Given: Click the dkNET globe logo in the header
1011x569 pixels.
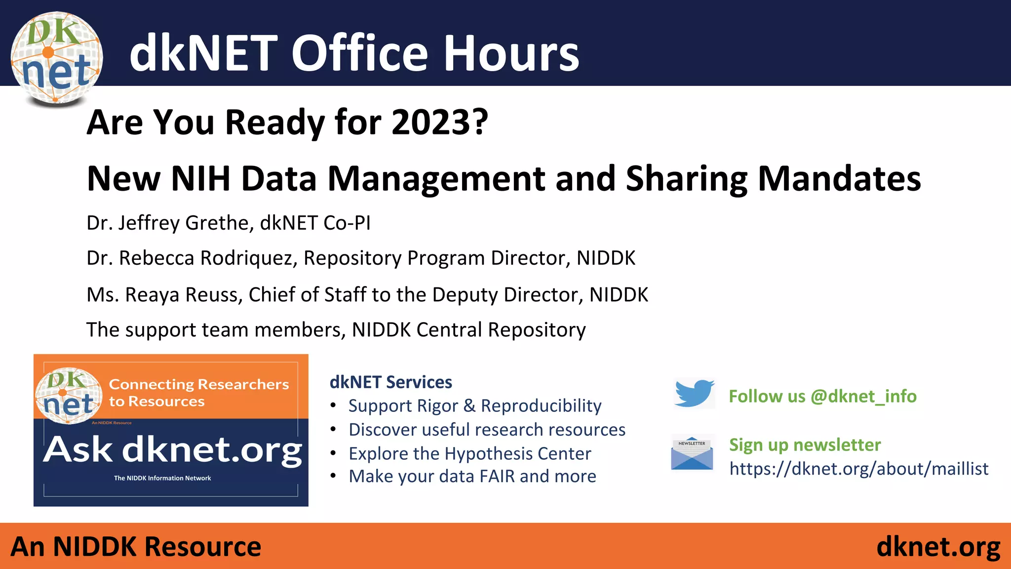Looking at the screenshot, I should [56, 58].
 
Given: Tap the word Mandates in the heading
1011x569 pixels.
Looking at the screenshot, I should [839, 178].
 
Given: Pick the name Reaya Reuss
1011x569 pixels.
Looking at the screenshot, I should [183, 295].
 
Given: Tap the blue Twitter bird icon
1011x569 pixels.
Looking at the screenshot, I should [694, 393].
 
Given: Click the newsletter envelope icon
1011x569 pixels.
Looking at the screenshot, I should [692, 452].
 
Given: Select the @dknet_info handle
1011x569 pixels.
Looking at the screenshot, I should [863, 396].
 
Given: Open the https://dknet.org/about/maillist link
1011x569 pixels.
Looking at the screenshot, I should [858, 468].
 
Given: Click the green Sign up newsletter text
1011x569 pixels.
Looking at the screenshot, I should [805, 445].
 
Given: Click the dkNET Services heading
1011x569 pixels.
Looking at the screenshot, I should [390, 382].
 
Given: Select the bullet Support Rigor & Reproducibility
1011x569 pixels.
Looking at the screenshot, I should [474, 406].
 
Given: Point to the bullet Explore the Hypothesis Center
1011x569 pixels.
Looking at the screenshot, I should [469, 453].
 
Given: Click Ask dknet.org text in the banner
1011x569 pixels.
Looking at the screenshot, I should [172, 450].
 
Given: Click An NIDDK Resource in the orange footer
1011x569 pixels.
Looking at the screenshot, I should [136, 547].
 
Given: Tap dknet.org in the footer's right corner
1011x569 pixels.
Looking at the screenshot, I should [938, 547].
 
